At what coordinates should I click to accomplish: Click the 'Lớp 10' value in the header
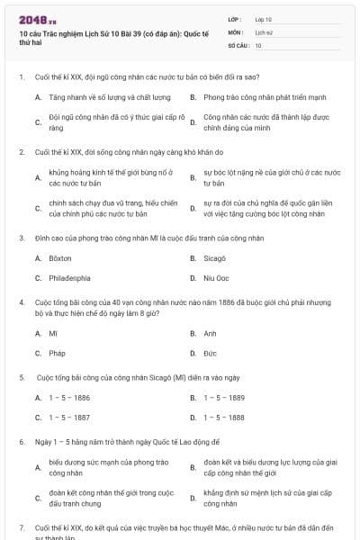[263, 19]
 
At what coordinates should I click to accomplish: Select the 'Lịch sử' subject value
[263, 31]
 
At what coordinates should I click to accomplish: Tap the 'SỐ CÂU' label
[237, 44]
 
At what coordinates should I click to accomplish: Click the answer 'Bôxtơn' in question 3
[59, 258]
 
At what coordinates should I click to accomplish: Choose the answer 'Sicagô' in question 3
[214, 258]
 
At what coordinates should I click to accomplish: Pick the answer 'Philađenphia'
[69, 278]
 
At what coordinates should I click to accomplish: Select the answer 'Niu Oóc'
[216, 278]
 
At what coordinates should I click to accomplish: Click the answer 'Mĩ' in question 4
[53, 333]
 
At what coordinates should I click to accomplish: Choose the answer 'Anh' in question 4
[210, 333]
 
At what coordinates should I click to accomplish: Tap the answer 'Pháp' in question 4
[57, 353]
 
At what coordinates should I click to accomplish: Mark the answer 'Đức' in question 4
[210, 353]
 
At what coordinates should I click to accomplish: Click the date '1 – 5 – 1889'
[224, 397]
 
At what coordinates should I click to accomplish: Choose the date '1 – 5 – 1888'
[224, 417]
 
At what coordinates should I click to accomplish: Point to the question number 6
[21, 443]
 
